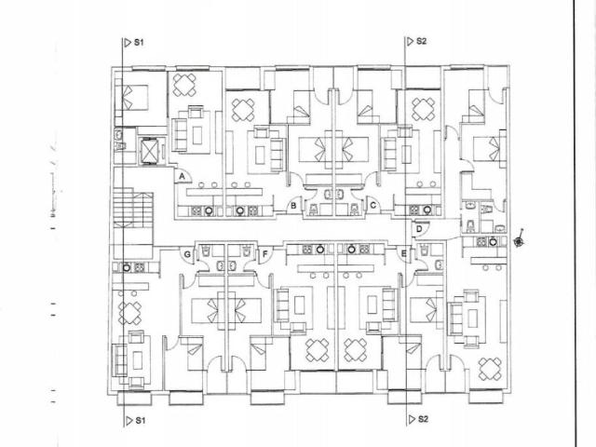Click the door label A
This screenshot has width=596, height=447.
pos(182,176)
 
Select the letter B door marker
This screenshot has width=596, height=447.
pos(293,206)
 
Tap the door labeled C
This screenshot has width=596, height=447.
pos(372,205)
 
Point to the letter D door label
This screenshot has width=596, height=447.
pos(419,229)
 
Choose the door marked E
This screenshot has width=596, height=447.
pos(403,253)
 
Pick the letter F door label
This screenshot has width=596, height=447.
pos(264,253)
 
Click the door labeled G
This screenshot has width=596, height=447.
pos(187,254)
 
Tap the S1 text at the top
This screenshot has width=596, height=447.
pos(139,42)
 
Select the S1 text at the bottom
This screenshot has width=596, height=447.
pos(141,420)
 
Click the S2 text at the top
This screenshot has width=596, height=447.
pos(421,41)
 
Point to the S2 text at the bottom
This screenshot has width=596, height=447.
pos(423,419)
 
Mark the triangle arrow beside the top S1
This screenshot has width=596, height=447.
pos(128,42)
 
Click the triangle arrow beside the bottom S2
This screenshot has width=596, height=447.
pos(412,419)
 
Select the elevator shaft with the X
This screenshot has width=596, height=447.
pos(149,150)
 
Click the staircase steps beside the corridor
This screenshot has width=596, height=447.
pos(133,209)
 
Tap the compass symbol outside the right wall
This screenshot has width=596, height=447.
pos(519,240)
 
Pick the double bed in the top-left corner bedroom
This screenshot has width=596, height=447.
pos(131,98)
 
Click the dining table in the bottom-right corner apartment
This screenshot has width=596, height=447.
pos(490,369)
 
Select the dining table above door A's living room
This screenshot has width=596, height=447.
pos(184,85)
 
